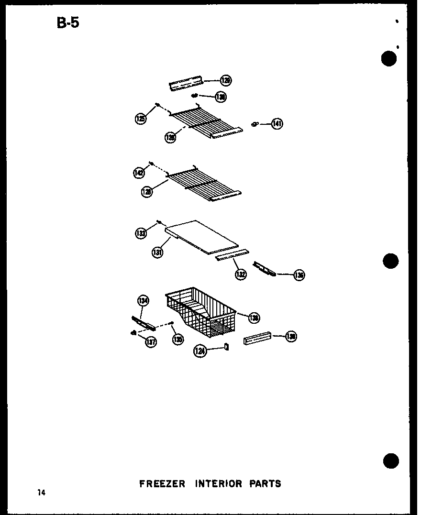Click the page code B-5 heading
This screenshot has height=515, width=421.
[x=67, y=22]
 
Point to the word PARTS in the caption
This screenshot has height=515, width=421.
[x=265, y=483]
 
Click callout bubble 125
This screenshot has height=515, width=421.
[x=141, y=119]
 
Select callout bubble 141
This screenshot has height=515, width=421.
[x=277, y=124]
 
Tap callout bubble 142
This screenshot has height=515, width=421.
[x=139, y=173]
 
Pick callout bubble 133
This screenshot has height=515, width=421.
[x=140, y=233]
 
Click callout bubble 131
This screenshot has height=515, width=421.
[x=158, y=252]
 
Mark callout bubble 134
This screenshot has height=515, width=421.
[x=143, y=301]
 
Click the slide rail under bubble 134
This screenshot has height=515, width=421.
[x=144, y=323]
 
